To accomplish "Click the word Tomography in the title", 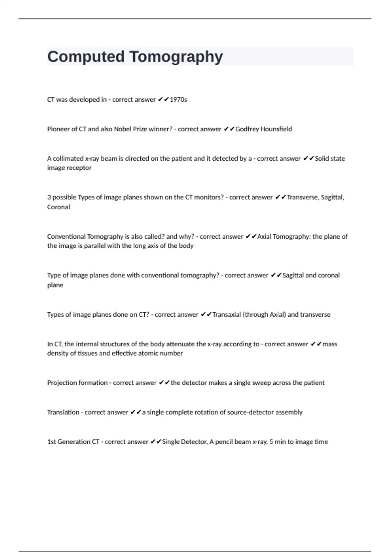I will click(x=176, y=57).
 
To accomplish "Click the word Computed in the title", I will click(x=86, y=56).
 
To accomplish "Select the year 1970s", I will click(x=178, y=100).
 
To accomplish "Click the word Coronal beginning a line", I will click(x=58, y=207).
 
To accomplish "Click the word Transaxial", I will click(x=227, y=315).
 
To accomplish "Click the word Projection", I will click(x=61, y=383).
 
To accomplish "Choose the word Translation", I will click(x=63, y=412).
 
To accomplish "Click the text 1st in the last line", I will click(x=51, y=442).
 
